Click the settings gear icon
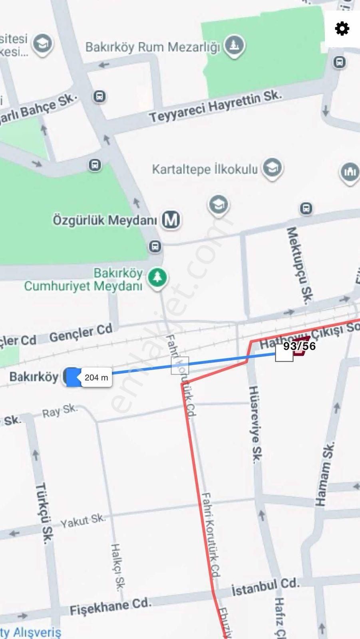[342, 29]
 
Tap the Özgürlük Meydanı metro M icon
[171, 220]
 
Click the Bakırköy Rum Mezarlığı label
[153, 47]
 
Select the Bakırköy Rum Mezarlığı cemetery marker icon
[234, 45]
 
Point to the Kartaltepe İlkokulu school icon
[272, 168]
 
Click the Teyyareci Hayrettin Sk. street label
[215, 106]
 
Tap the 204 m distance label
[96, 377]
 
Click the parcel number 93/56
[299, 346]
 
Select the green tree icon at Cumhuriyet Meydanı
[157, 278]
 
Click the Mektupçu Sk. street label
[300, 266]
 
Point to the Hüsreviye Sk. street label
[256, 424]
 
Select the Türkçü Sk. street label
[44, 513]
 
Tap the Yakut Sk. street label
[83, 520]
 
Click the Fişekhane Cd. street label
[110, 606]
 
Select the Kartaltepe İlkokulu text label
[205, 169]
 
